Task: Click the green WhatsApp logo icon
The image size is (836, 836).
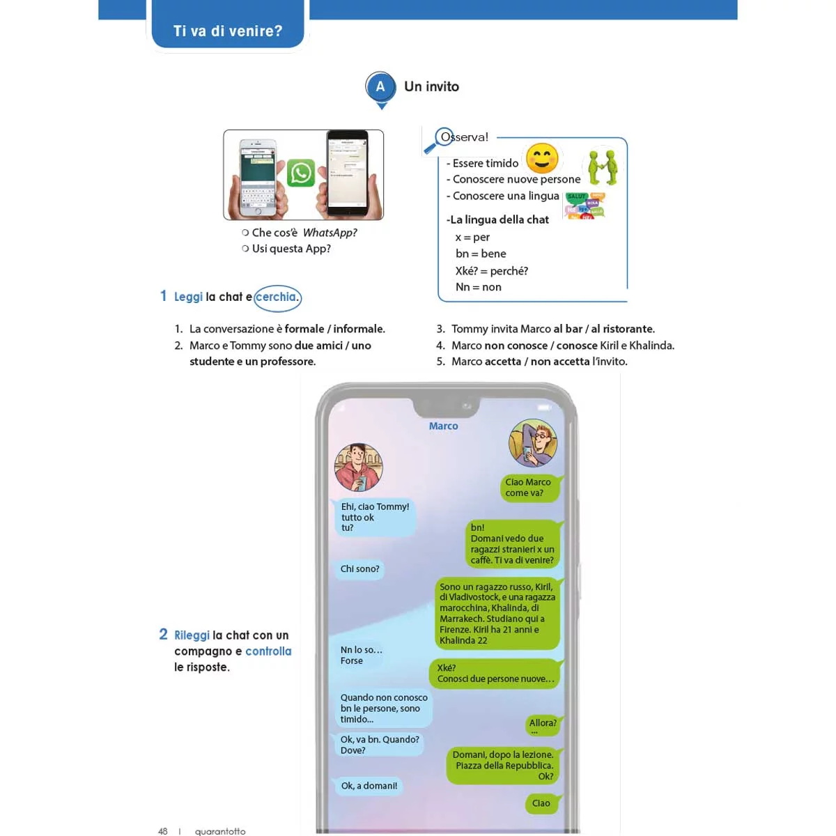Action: tap(301, 173)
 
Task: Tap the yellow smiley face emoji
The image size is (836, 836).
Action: tap(542, 158)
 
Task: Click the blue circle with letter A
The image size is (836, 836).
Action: tap(380, 87)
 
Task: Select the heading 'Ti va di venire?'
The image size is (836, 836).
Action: tap(228, 31)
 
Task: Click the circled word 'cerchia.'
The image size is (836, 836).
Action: tap(277, 297)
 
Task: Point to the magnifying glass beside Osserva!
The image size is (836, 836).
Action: tap(438, 141)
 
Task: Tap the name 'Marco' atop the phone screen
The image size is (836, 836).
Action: tap(443, 426)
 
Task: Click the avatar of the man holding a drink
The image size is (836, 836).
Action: tap(358, 467)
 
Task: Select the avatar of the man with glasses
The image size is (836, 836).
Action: tap(533, 443)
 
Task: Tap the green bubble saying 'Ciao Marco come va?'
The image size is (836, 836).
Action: tap(529, 488)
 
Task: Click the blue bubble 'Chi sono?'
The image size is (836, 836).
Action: tap(359, 569)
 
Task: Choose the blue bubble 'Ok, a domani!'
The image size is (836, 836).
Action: tap(369, 786)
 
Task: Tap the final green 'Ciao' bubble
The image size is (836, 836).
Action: tap(541, 803)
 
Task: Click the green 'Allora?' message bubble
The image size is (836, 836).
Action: tap(543, 725)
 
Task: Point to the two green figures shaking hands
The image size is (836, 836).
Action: tap(603, 167)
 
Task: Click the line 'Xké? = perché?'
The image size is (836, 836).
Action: tap(491, 271)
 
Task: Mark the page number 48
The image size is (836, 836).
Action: tap(163, 830)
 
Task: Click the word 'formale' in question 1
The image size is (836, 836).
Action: tap(304, 329)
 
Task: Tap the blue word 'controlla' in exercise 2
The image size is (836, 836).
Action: tap(268, 651)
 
